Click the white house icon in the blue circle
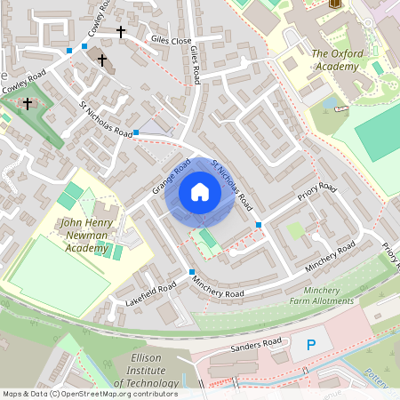click(200, 191)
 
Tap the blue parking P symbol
click(310, 344)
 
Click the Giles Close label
click(171, 41)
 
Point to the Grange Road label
click(172, 178)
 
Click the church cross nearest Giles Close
click(121, 32)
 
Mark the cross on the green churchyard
click(27, 104)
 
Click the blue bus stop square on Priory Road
click(259, 224)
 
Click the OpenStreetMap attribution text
click(89, 394)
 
